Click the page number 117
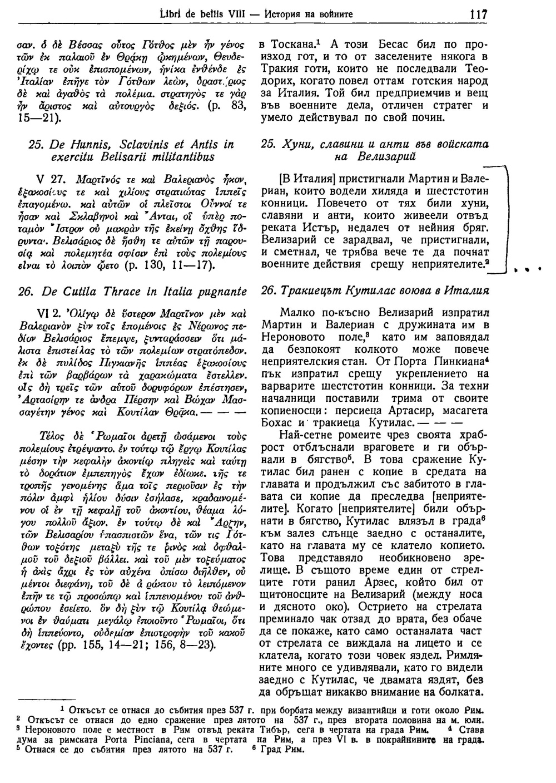(478, 14)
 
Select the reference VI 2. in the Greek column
(48, 312)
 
